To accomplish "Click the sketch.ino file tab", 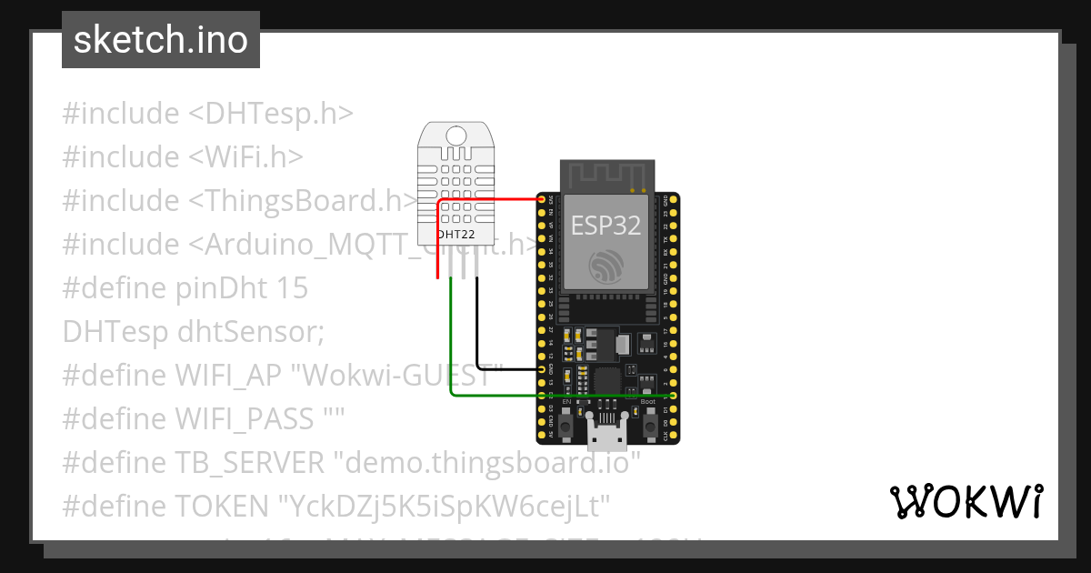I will (160, 40).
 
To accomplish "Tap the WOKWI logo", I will (966, 501).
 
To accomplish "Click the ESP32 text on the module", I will (606, 225).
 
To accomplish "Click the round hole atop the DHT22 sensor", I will (456, 136).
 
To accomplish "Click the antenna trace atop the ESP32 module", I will (606, 175).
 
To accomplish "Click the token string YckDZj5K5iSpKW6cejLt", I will (445, 507).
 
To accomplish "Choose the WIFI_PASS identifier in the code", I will (245, 419).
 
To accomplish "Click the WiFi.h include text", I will (245, 157).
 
